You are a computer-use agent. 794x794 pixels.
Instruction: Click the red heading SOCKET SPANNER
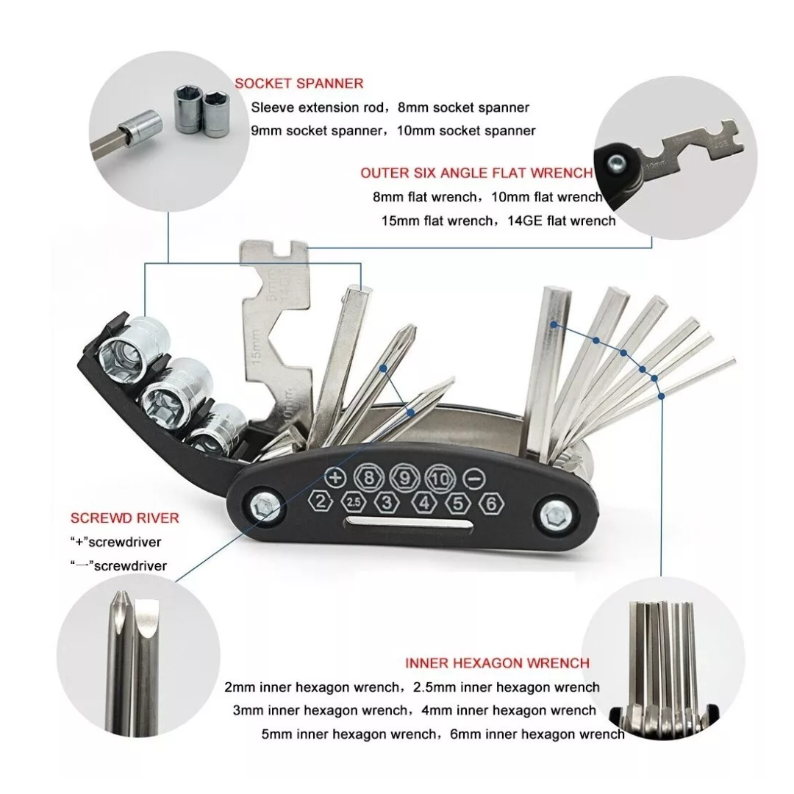(298, 84)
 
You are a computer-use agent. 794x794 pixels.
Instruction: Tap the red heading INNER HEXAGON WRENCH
(497, 663)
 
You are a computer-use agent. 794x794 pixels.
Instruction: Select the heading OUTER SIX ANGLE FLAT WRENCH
(476, 174)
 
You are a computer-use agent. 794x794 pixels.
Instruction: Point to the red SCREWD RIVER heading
(124, 518)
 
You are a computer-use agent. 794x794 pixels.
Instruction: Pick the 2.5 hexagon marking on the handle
(354, 502)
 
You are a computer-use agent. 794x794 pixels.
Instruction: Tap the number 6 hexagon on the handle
(490, 504)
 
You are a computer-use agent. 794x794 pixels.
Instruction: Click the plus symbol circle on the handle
(335, 478)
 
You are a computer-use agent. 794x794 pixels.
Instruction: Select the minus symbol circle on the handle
(474, 479)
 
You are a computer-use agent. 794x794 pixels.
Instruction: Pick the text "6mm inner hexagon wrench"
(537, 734)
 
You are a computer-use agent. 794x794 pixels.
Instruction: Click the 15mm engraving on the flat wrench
(256, 344)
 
